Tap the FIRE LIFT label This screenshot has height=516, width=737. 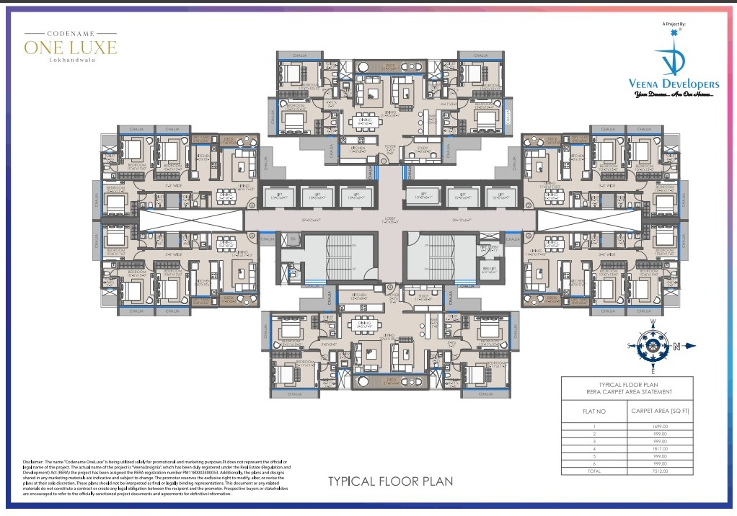[x=488, y=270]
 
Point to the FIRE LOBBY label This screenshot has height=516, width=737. [x=489, y=248]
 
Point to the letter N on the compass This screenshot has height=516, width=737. [x=676, y=347]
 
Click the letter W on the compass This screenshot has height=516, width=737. [x=653, y=322]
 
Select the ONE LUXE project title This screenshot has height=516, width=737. [x=70, y=48]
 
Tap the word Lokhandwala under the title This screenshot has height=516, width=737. [x=70, y=61]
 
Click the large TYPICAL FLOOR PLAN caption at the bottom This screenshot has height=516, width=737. [x=390, y=481]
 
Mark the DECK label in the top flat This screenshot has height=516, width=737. [x=390, y=67]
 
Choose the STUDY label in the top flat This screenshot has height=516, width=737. [x=422, y=149]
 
